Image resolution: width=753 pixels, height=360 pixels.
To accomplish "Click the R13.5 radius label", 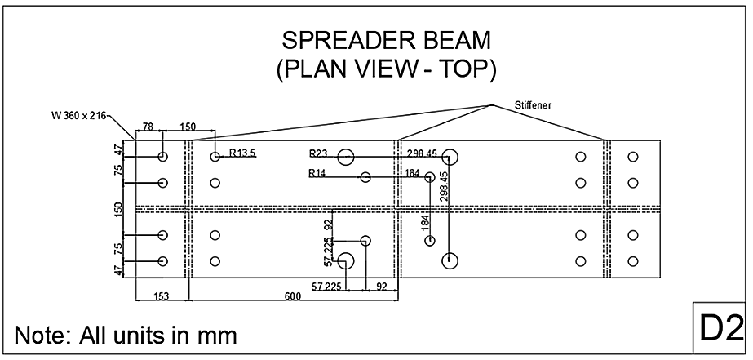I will point(243,153).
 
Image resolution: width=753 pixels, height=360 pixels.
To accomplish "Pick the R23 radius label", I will point(319,153).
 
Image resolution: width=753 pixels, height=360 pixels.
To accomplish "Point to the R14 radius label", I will point(318,173).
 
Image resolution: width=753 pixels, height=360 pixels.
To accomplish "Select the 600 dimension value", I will point(292,297).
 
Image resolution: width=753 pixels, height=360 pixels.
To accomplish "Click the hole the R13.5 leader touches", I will point(215,157).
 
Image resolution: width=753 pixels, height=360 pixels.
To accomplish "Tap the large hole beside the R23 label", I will point(346,157).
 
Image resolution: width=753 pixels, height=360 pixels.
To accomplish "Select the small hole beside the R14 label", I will point(365,177).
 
